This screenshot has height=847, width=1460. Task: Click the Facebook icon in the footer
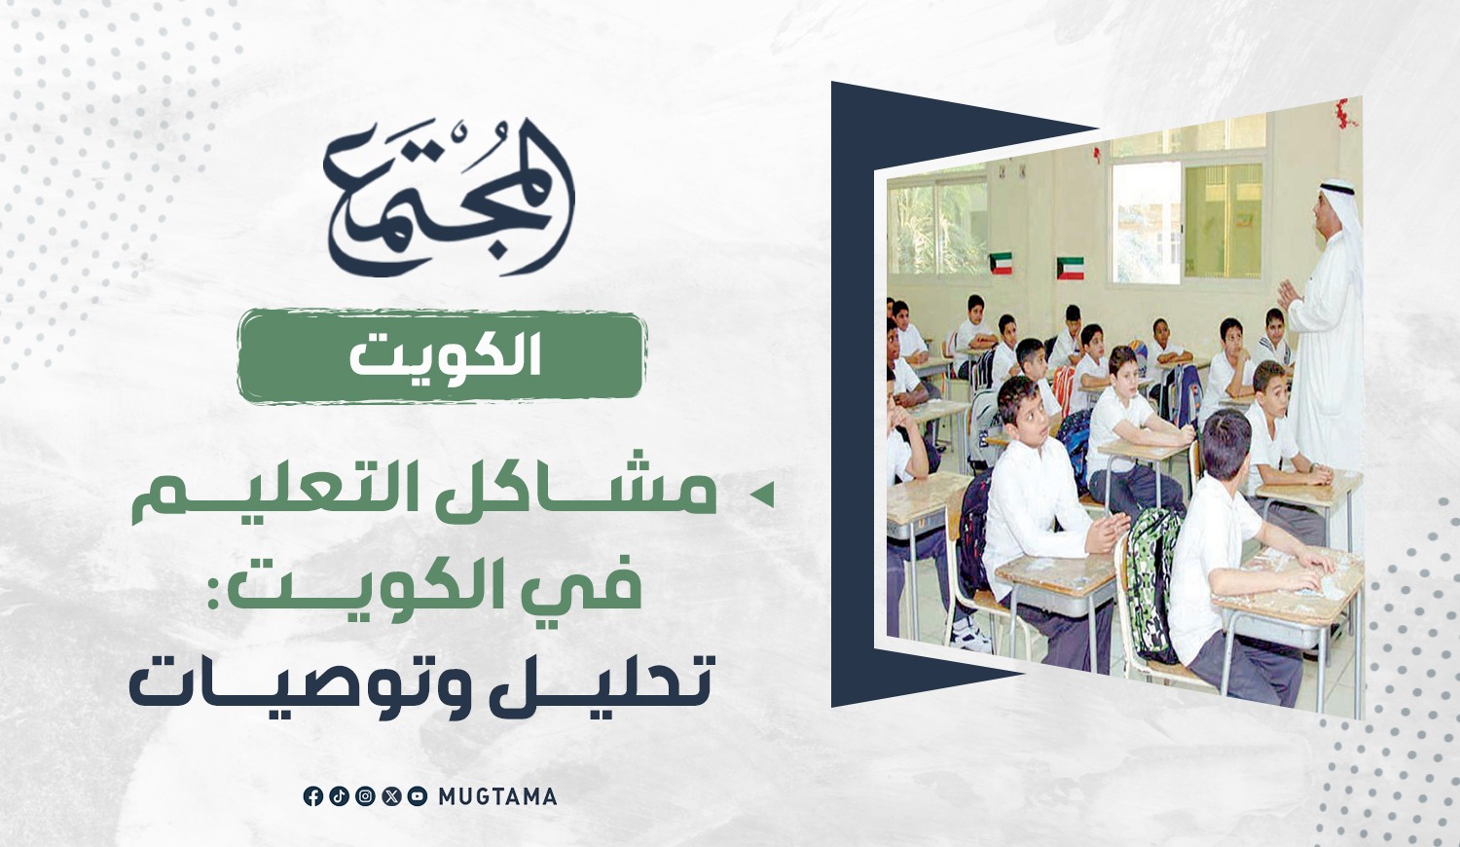point(312,796)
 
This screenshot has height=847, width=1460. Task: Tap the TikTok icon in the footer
point(339,796)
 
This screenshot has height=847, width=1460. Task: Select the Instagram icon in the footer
point(365,796)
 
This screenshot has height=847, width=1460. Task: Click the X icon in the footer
point(391,796)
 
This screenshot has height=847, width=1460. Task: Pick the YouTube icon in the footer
point(418,796)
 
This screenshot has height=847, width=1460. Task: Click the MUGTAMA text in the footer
point(497,796)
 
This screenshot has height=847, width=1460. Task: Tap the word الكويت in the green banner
point(445,356)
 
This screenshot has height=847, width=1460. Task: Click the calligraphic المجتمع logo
point(449,199)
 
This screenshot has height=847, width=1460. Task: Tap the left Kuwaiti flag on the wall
point(1001,264)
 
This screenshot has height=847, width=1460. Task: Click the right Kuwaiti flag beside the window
point(1071,268)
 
